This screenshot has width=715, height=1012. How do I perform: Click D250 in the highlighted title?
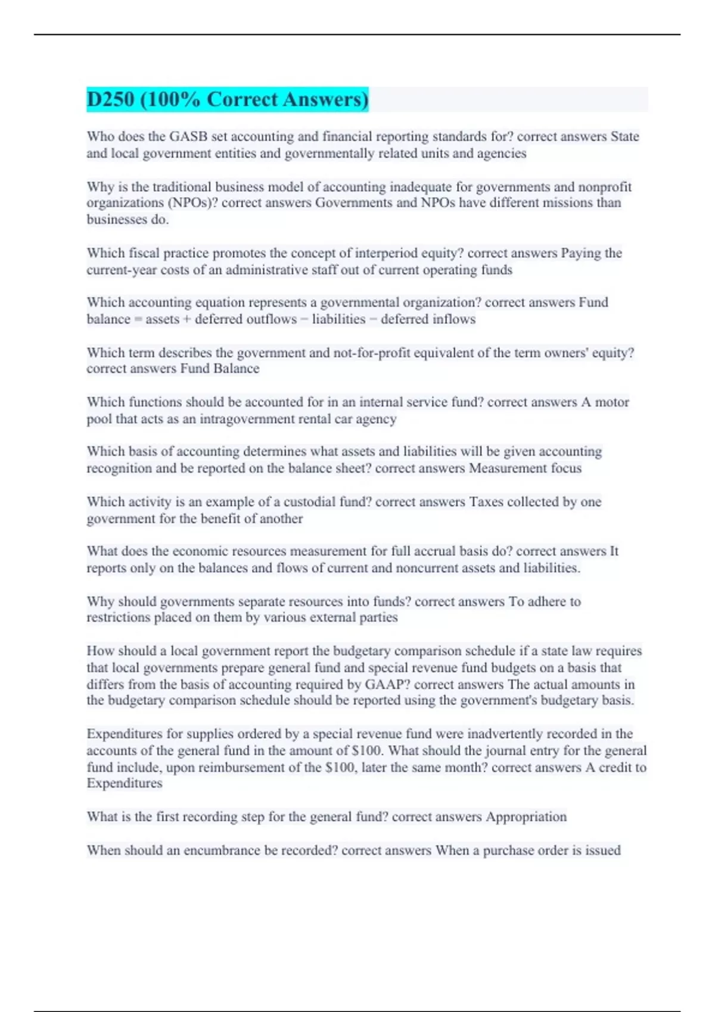coord(110,99)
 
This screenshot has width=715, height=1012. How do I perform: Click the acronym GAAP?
coord(387,685)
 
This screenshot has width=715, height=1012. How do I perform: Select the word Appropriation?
coord(526,817)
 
